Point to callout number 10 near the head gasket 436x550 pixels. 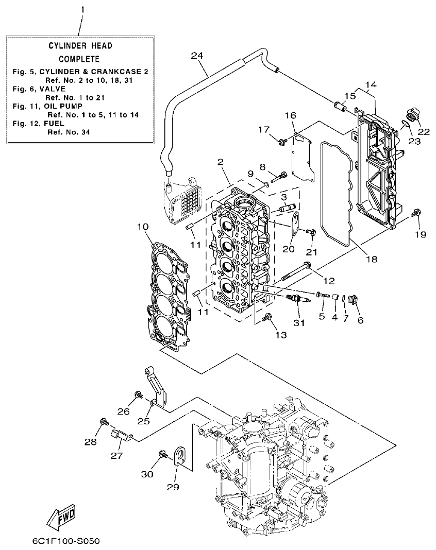click(x=143, y=226)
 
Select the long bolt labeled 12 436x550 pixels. click(x=296, y=272)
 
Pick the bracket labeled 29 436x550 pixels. click(x=178, y=457)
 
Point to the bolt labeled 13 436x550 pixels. click(x=267, y=317)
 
